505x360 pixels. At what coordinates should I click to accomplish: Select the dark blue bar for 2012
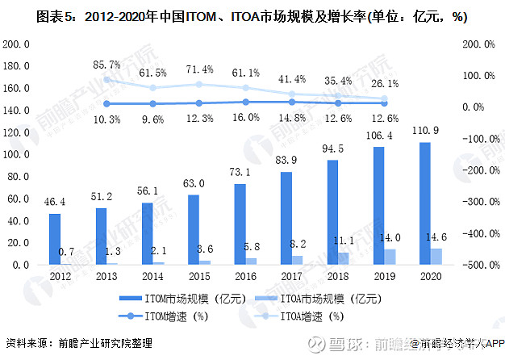click(x=54, y=239)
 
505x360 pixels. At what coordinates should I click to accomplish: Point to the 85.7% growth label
click(x=106, y=64)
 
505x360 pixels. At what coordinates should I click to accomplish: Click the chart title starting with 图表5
click(x=252, y=16)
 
